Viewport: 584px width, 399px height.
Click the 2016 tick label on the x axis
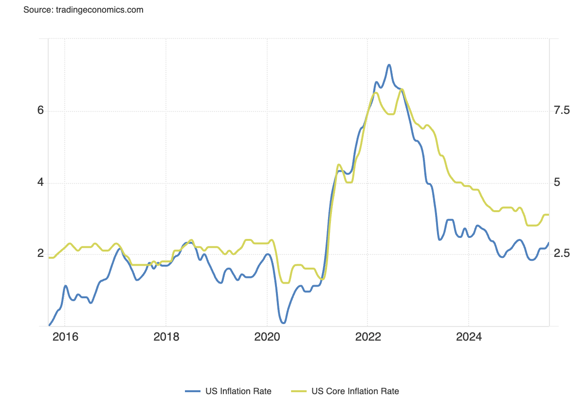tap(65, 337)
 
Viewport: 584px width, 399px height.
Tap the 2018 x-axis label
tap(165, 337)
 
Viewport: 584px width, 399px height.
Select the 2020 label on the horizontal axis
tap(267, 337)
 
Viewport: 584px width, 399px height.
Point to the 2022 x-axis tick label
tap(367, 337)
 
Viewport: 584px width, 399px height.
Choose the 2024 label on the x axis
tap(468, 337)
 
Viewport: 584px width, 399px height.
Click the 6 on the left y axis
tap(41, 110)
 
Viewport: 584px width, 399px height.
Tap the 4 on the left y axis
tap(41, 182)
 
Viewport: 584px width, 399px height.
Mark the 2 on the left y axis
tap(41, 254)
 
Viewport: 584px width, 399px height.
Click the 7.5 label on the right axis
tap(562, 110)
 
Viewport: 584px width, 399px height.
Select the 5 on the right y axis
tap(557, 182)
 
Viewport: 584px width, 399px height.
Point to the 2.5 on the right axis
tap(562, 254)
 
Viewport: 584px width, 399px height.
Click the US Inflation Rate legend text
tap(238, 391)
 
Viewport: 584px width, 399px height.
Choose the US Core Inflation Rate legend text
tap(355, 391)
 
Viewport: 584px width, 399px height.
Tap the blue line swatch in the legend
tap(193, 391)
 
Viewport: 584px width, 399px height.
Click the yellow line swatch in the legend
tap(299, 391)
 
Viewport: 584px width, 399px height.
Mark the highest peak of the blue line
tap(389, 65)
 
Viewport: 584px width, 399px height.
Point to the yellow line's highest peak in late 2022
tap(401, 90)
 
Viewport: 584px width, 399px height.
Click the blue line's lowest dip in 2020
tap(283, 323)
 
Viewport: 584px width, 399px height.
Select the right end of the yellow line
tap(548, 215)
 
